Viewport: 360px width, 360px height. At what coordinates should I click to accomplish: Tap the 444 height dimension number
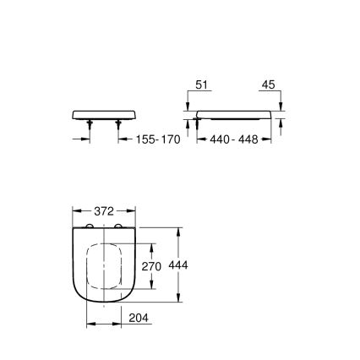pyautogui.click(x=177, y=265)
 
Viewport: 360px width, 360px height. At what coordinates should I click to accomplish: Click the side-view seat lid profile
pyautogui.click(x=232, y=114)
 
